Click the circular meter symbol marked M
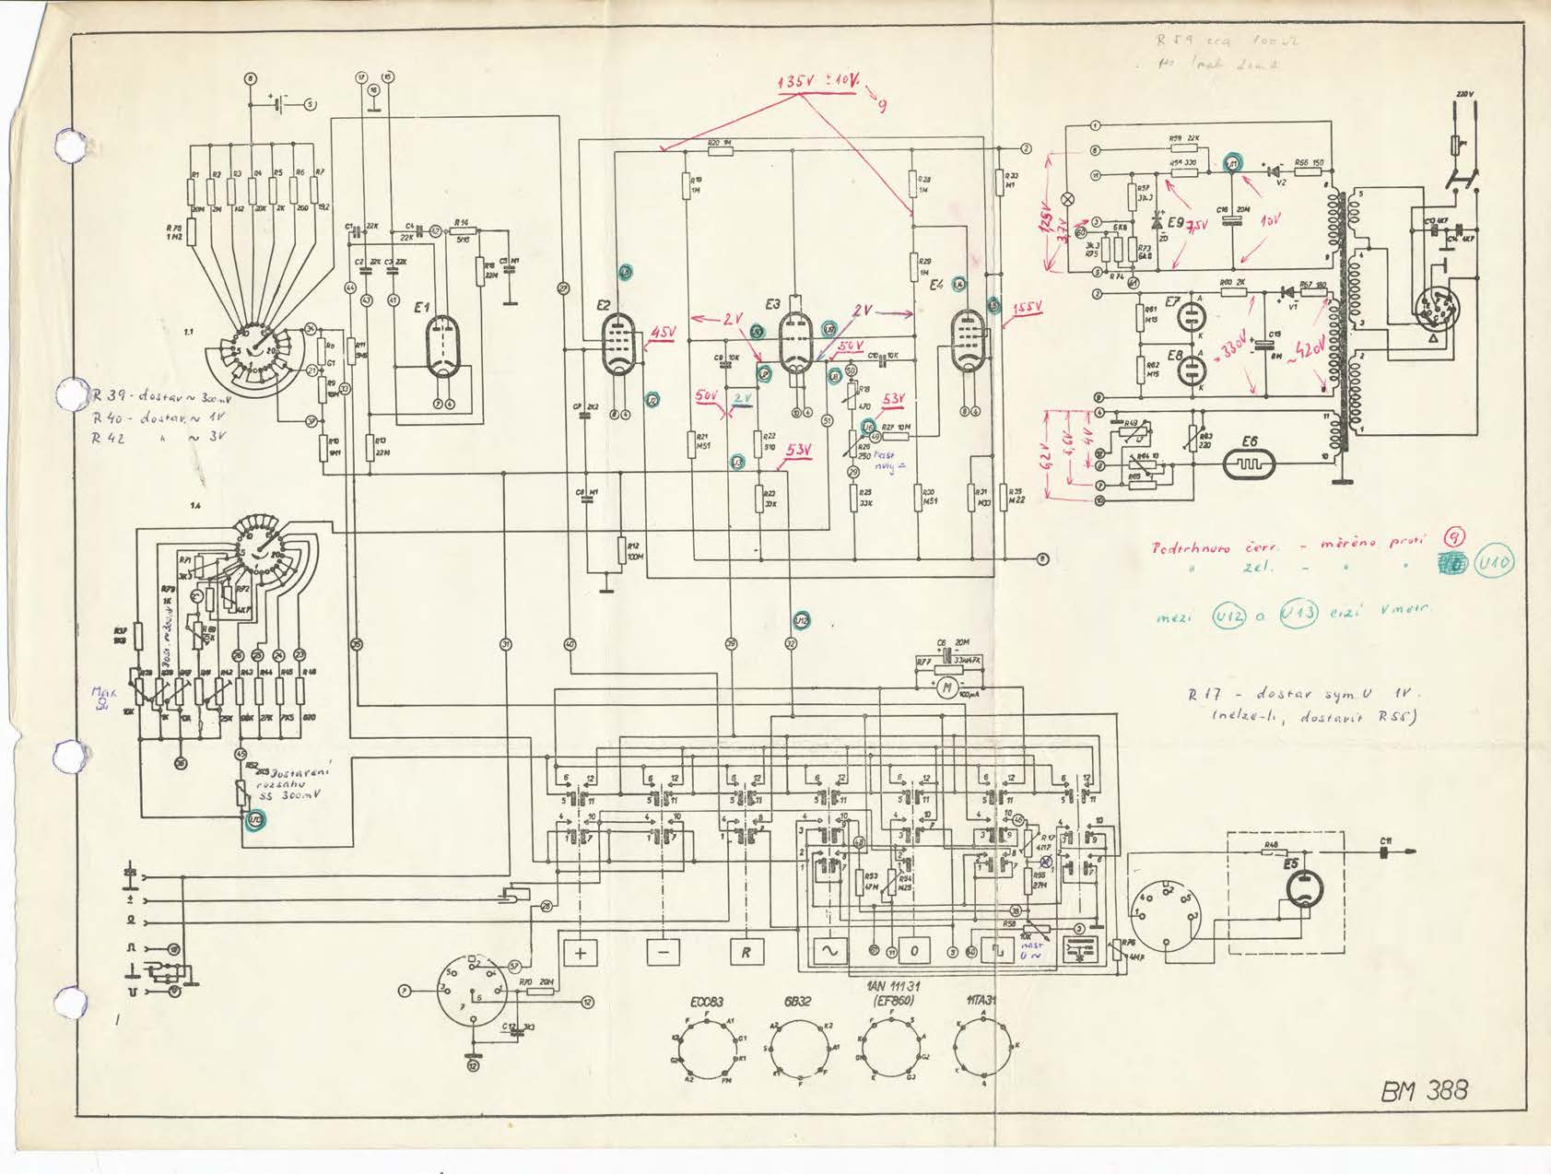click(945, 687)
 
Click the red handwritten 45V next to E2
click(663, 332)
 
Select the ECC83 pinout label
click(708, 1002)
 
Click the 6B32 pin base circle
click(801, 1049)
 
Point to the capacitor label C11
click(1387, 840)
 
